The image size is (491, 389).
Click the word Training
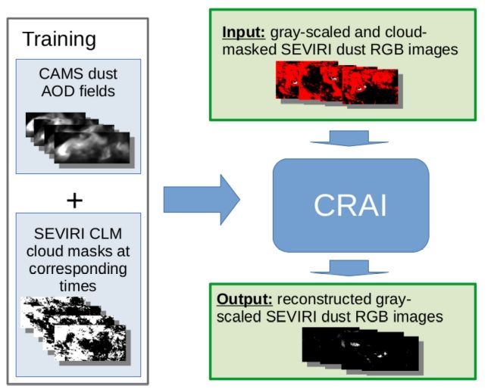[59, 39]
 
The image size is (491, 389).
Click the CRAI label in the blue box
[350, 205]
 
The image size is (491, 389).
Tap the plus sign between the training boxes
[74, 200]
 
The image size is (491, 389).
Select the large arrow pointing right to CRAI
[201, 200]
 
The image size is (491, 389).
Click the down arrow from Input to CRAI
[349, 139]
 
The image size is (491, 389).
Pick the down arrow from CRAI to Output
[349, 266]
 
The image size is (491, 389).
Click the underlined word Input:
[239, 33]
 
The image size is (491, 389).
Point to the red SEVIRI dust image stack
[337, 83]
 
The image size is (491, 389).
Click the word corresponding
[79, 269]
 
